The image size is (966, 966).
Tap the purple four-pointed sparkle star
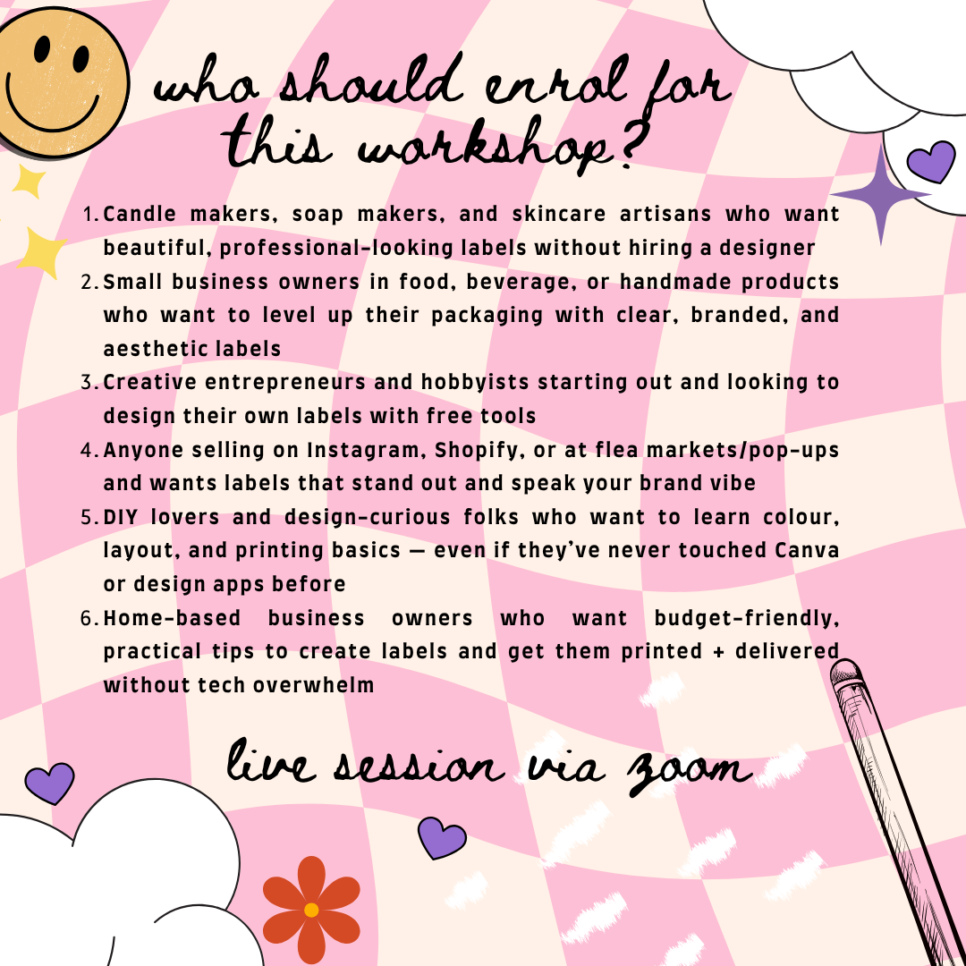point(881,194)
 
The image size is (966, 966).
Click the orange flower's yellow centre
point(311,910)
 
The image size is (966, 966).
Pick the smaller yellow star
point(30,182)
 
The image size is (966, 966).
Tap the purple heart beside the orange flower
point(442,838)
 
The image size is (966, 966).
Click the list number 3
point(89,383)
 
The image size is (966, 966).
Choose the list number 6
point(89,618)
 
